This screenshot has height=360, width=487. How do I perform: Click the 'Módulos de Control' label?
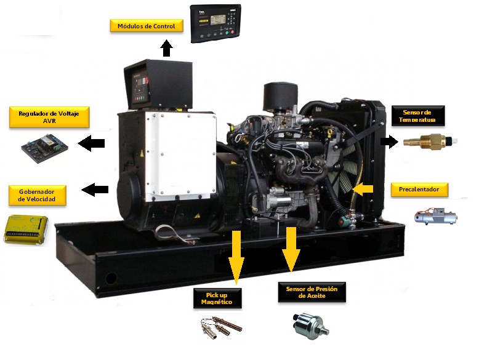pos(147,26)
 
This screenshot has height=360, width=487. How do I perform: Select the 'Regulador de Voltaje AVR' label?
pos(49,117)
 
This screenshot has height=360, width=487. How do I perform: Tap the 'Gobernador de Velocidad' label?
pos(38,196)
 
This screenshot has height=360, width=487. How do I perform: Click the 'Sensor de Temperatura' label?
pos(418,116)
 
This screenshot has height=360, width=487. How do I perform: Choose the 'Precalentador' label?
pos(419,190)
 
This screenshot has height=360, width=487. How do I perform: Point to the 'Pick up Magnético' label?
pos(217,298)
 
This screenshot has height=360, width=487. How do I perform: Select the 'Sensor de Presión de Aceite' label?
pos(312,292)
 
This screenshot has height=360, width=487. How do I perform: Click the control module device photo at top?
pos(215,23)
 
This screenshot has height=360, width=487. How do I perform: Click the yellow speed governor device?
pos(26,229)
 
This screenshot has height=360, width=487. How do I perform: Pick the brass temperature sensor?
pos(430,142)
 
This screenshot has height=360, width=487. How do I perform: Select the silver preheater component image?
pos(435,215)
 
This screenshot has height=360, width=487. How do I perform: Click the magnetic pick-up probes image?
pos(220,327)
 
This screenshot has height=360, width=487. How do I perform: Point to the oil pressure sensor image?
pos(310,326)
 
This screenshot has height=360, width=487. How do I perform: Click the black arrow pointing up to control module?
pos(166,48)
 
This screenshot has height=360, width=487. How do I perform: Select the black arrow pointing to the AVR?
pos(91,143)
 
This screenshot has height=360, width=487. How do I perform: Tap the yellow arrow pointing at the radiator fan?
pos(363,189)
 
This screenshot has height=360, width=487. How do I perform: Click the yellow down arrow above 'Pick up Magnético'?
pos(236,257)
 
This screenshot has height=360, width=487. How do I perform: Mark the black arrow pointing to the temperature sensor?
pos(389,142)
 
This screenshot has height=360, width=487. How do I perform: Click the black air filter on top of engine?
pos(281,97)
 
